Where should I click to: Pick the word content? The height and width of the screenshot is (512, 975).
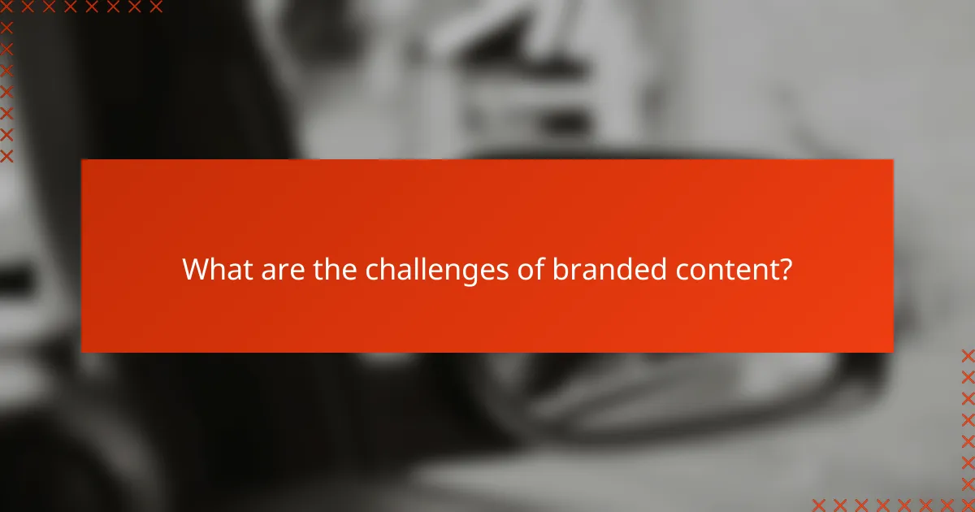pyautogui.click(x=724, y=269)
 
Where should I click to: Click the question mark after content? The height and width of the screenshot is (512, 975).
pyautogui.click(x=784, y=269)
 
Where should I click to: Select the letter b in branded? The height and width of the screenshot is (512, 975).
pyautogui.click(x=560, y=269)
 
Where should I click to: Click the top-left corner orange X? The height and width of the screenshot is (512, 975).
pyautogui.click(x=7, y=7)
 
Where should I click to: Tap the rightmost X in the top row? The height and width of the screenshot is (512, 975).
pyautogui.click(x=155, y=7)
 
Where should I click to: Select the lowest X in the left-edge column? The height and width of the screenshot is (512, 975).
pyautogui.click(x=7, y=155)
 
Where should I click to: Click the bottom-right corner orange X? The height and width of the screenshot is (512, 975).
pyautogui.click(x=968, y=505)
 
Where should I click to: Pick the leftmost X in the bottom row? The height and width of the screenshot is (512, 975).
pyautogui.click(x=820, y=505)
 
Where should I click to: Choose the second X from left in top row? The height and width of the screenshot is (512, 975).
pyautogui.click(x=28, y=7)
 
